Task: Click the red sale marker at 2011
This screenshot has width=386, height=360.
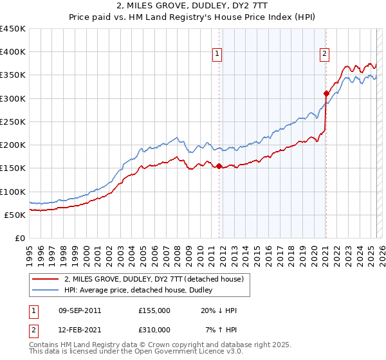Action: tap(219, 166)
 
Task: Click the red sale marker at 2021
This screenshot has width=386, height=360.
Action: tap(326, 94)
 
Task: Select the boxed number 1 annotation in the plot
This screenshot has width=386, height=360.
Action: tap(218, 55)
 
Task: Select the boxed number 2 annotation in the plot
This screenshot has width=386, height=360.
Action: tap(325, 55)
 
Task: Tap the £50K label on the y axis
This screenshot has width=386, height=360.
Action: tap(15, 215)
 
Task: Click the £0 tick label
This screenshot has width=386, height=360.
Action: tap(20, 238)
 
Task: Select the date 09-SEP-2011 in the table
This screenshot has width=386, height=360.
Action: tap(80, 310)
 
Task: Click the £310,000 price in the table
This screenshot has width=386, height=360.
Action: tap(154, 329)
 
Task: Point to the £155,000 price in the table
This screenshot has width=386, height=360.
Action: tap(154, 310)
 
